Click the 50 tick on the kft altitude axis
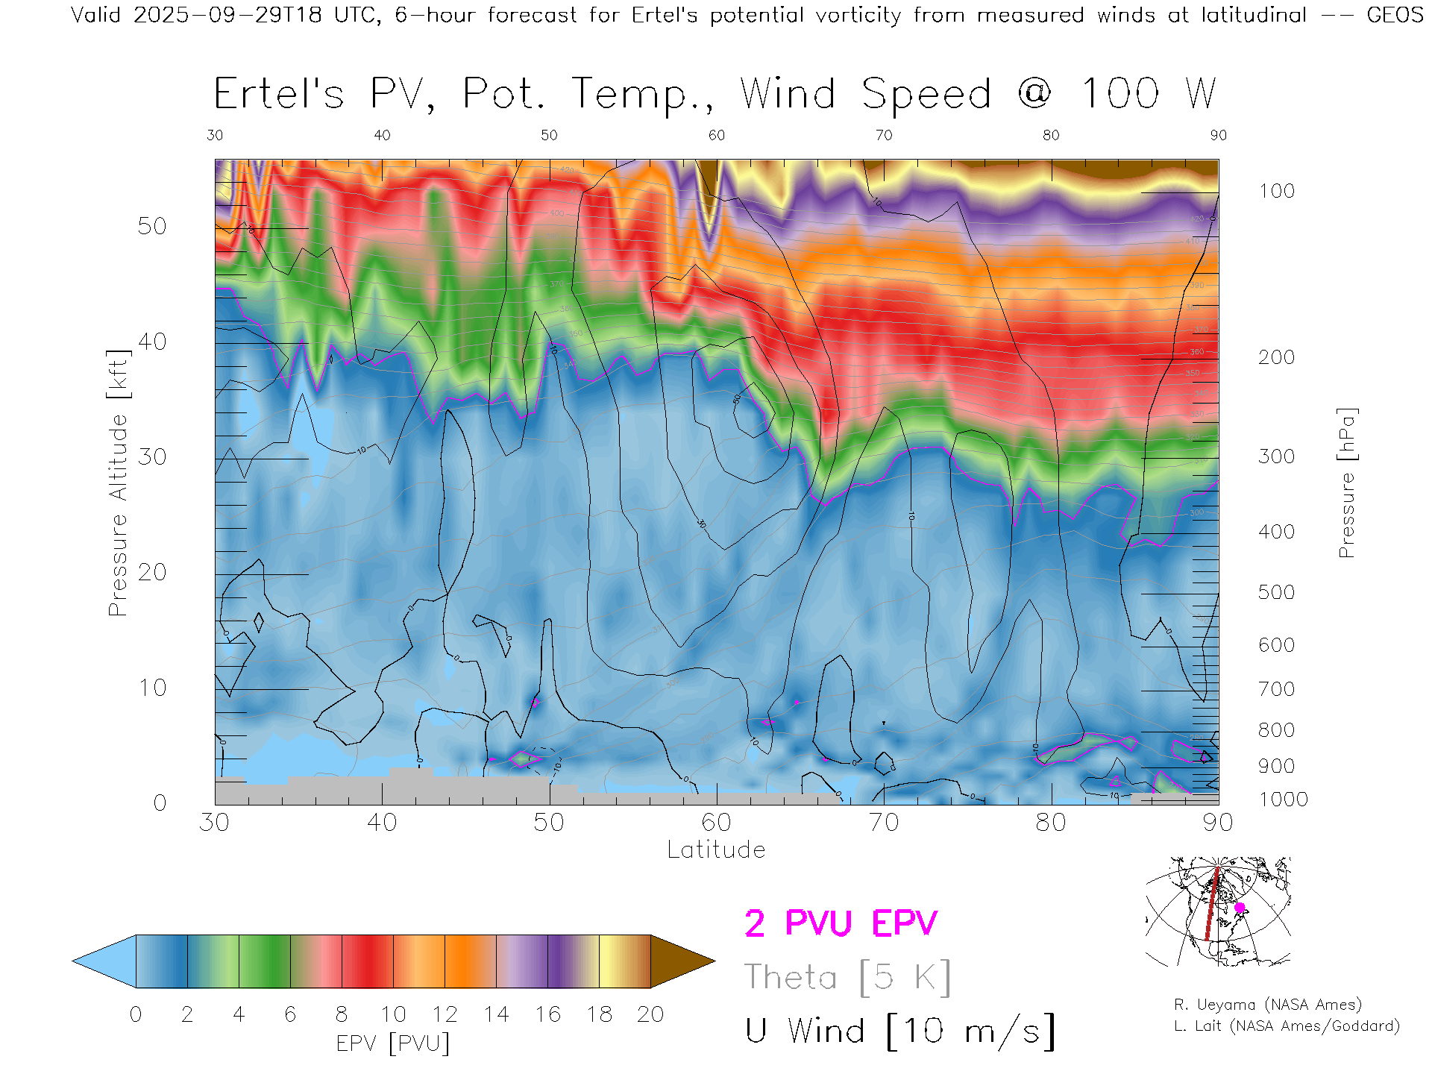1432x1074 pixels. [152, 226]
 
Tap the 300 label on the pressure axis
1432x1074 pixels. [1276, 456]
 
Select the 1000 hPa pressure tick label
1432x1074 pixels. [1283, 800]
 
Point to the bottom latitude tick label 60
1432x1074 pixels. [716, 823]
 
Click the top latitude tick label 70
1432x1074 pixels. [883, 135]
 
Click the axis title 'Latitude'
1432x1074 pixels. [716, 850]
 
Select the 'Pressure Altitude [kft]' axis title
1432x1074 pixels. [118, 483]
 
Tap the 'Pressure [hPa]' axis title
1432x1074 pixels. [1346, 483]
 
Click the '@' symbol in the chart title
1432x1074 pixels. [1034, 94]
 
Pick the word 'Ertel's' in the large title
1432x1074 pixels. [279, 94]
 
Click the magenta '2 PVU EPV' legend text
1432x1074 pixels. [841, 923]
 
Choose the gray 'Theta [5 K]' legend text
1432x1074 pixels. [847, 977]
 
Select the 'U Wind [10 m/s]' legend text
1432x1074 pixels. [899, 1031]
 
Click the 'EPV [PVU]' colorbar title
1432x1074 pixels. [393, 1043]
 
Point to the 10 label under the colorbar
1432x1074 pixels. [393, 1014]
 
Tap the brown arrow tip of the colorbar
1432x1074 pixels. [682, 961]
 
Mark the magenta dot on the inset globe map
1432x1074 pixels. [1240, 908]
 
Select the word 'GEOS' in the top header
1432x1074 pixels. [1395, 15]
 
